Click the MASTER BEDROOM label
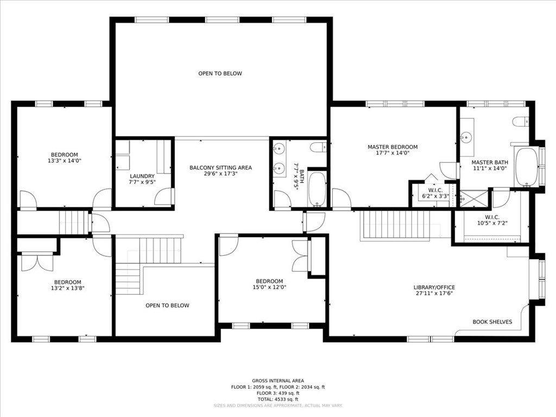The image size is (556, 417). click(x=392, y=147)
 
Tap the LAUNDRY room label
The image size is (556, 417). click(x=142, y=176)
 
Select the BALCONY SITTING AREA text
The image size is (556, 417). click(x=220, y=168)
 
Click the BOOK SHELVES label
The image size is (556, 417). click(x=492, y=322)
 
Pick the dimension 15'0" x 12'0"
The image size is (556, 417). click(x=269, y=287)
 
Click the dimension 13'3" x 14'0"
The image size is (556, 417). click(x=65, y=160)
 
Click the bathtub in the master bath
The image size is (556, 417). click(x=526, y=167)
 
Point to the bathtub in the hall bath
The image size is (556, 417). click(x=317, y=188)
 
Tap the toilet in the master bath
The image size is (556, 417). click(x=520, y=121)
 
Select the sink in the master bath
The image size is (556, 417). click(x=466, y=136)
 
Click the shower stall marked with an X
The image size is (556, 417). click(x=473, y=199)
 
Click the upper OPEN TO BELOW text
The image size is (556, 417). click(x=220, y=73)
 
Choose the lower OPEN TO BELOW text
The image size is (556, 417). click(x=167, y=305)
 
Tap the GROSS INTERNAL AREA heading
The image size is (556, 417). click(x=277, y=381)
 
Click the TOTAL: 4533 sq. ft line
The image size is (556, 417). click(x=277, y=399)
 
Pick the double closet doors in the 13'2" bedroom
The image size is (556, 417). click(x=37, y=262)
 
